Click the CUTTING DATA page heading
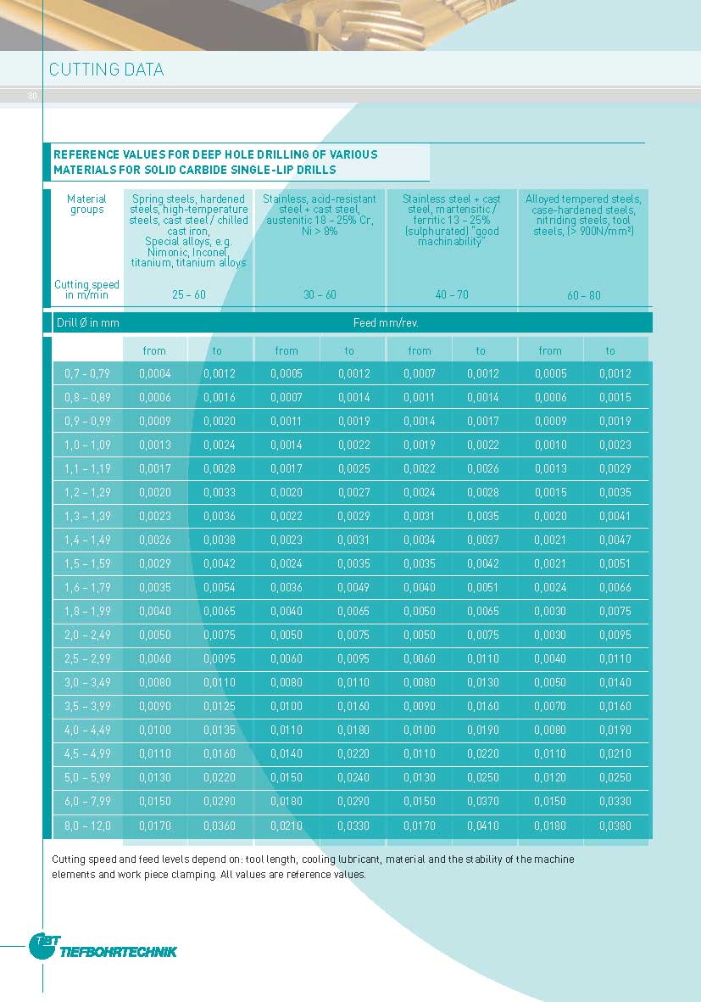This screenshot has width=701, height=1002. click(107, 70)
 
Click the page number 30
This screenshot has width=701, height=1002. click(32, 96)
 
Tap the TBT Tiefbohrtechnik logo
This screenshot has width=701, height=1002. click(103, 948)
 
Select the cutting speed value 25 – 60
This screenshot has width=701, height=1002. click(188, 295)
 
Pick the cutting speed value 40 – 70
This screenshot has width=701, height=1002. click(452, 295)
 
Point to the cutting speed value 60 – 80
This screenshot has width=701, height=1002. click(583, 296)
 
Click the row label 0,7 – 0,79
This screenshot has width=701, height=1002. click(87, 373)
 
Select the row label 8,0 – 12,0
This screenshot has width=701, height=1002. click(87, 826)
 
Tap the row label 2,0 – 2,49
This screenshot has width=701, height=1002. click(87, 635)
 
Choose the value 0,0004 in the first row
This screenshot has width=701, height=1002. click(155, 373)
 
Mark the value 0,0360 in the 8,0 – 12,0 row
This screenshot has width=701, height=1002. click(220, 826)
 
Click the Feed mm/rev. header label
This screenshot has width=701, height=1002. click(386, 323)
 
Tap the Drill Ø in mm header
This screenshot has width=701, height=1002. click(87, 323)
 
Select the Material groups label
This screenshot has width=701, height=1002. click(87, 204)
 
